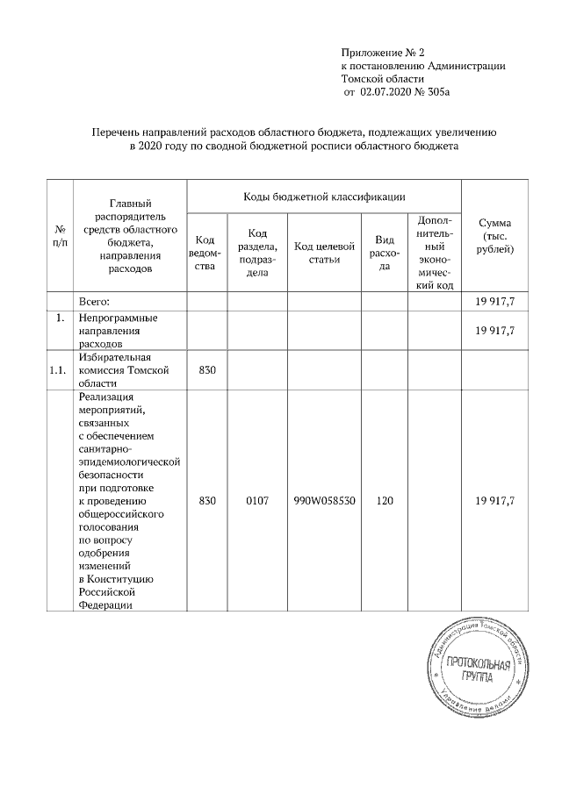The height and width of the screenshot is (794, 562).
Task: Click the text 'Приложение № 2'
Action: pyautogui.click(x=382, y=54)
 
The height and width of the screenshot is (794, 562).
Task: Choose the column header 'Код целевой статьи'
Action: pyautogui.click(x=324, y=253)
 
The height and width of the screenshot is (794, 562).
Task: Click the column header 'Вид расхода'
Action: pyautogui.click(x=384, y=253)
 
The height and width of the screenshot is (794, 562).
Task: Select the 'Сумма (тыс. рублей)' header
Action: pyautogui.click(x=494, y=237)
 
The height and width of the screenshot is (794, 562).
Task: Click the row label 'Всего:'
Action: pyautogui.click(x=95, y=301)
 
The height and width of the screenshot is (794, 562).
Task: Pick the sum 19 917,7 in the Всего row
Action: pyautogui.click(x=494, y=301)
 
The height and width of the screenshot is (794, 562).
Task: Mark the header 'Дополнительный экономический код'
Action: pyautogui.click(x=435, y=253)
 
